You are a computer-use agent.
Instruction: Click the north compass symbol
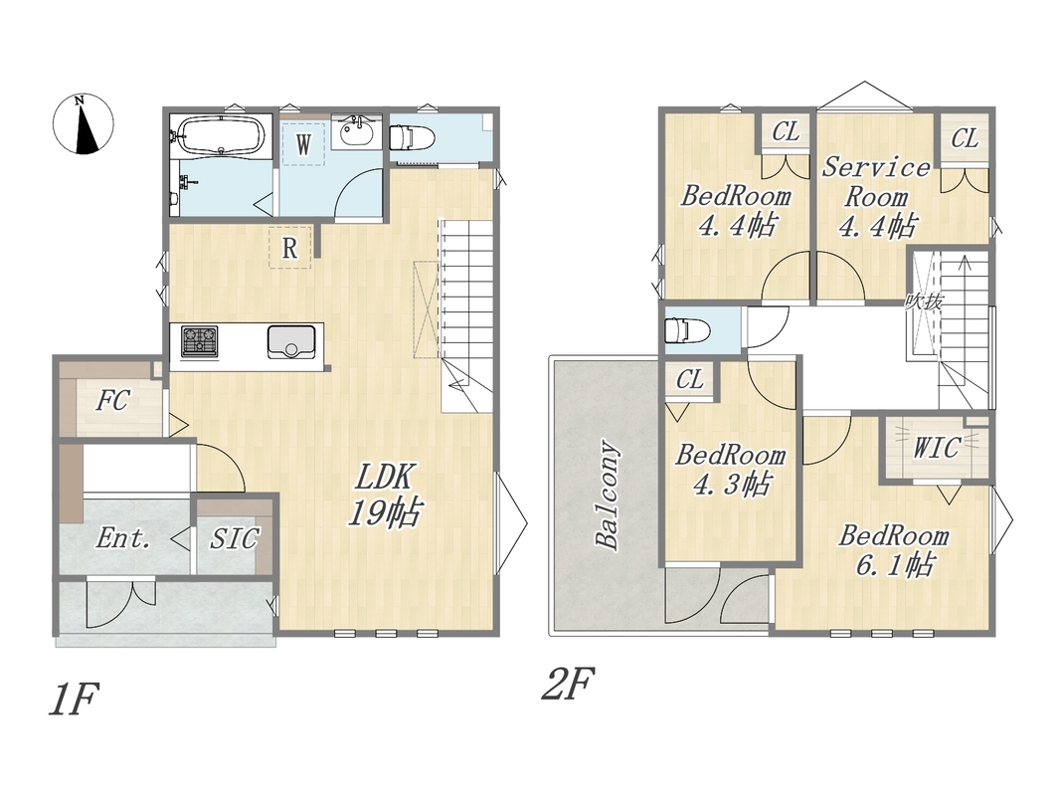pos(84,124)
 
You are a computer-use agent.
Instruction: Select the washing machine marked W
pos(303,143)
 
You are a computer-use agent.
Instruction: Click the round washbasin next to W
pos(357,132)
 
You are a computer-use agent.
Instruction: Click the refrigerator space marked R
pos(289,248)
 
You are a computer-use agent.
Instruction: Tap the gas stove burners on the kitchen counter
pos(200,340)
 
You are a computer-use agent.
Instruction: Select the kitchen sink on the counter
pos(291,342)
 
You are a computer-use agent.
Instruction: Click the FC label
pos(111,401)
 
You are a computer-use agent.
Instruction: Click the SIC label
pos(234,538)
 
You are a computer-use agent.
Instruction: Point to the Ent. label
pos(122,538)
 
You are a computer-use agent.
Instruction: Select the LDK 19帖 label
pos(385,496)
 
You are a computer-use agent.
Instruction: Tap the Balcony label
pos(607,495)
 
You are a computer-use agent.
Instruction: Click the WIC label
pos(936,448)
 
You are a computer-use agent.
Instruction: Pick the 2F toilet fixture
pos(687,331)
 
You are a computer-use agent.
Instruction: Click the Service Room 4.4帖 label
pos(877,197)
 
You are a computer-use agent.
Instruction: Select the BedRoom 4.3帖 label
pos(731,469)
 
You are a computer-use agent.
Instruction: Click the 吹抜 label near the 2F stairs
pos(924,301)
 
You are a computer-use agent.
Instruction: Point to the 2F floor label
pos(568,684)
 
